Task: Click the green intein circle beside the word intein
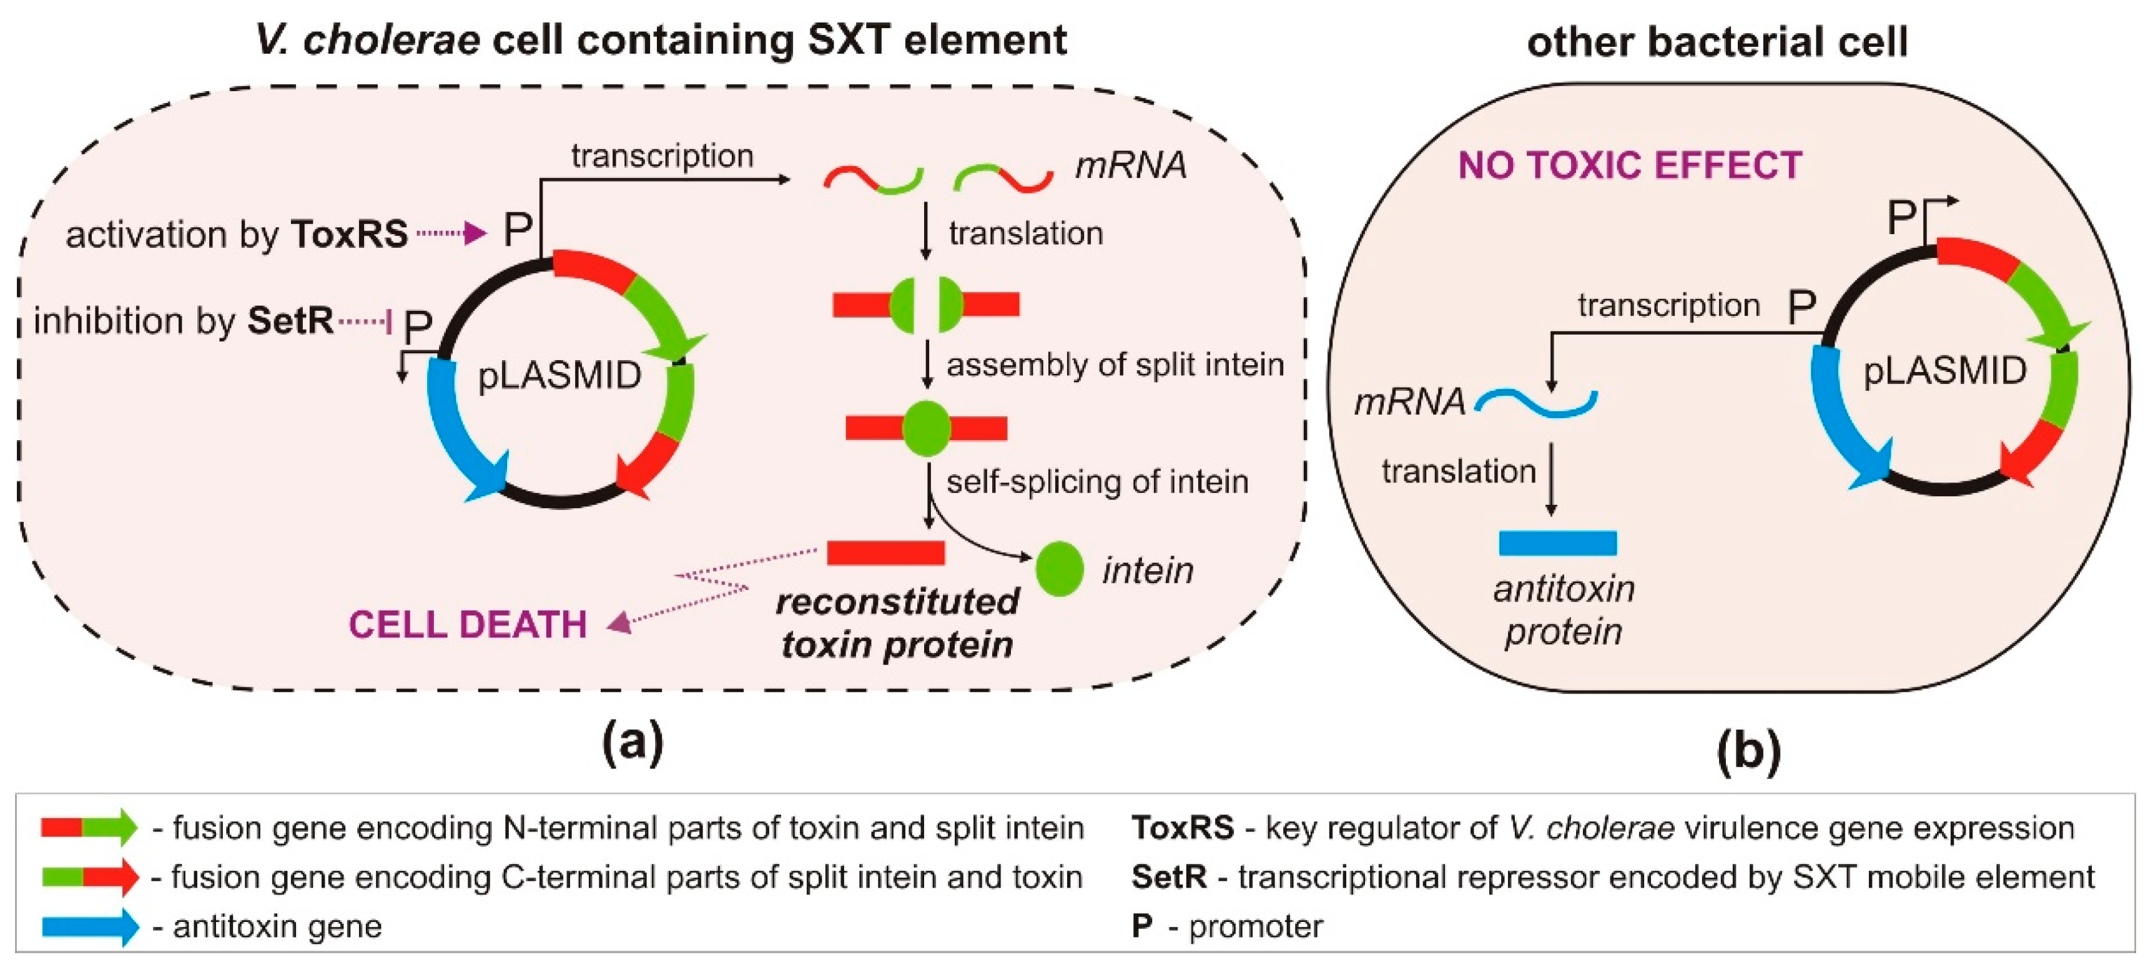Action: pos(1059,569)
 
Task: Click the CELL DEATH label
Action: pos(467,624)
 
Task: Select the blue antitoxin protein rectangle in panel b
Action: pos(1557,543)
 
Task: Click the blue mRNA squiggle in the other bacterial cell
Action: pos(1536,403)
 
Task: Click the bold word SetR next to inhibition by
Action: pos(290,321)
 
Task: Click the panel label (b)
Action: pos(1748,748)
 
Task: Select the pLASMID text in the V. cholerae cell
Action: pos(559,376)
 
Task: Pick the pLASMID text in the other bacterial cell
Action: pos(1944,371)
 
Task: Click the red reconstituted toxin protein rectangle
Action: pos(885,552)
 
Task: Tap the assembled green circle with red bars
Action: pos(927,428)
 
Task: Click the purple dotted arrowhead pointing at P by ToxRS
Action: pos(475,233)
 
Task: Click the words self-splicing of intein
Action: pos(1096,482)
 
